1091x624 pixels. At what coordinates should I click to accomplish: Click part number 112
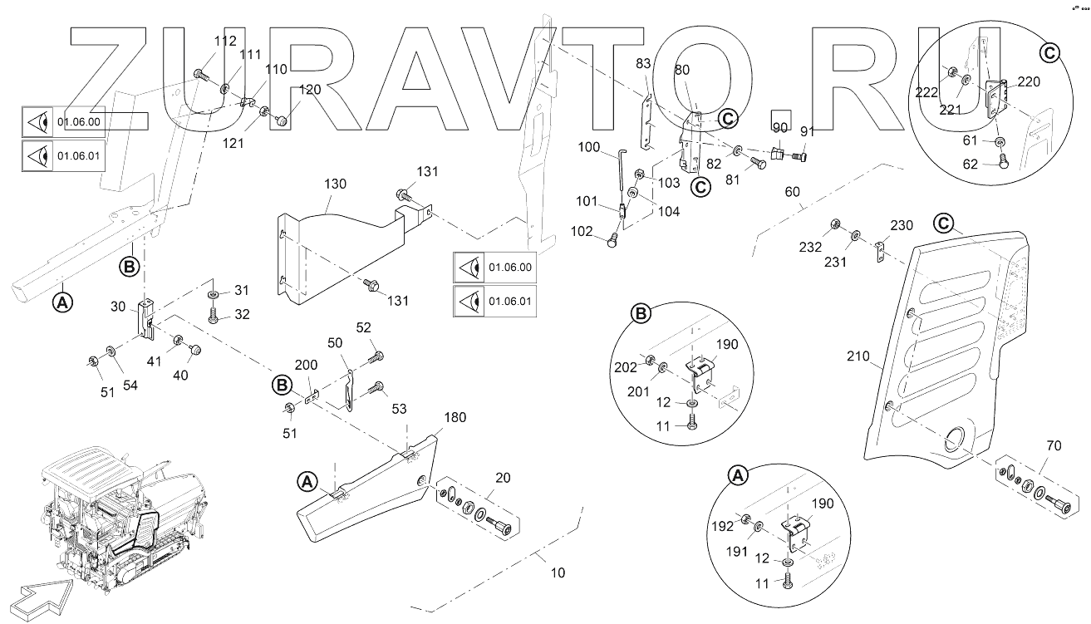[x=202, y=42]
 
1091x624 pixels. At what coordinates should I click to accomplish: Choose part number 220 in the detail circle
[x=1029, y=82]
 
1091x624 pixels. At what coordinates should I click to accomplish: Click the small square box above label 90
[x=781, y=118]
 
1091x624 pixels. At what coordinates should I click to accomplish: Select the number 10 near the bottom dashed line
[x=558, y=572]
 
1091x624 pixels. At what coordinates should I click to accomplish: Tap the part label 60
[x=793, y=192]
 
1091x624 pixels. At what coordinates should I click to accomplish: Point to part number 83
[x=643, y=63]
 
